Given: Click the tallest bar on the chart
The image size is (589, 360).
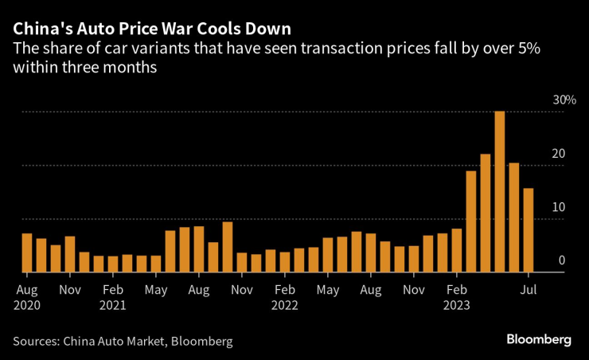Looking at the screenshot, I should (x=500, y=192).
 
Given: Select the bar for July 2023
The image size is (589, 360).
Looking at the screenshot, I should (x=529, y=230).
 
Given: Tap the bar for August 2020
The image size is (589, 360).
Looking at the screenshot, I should (x=27, y=252).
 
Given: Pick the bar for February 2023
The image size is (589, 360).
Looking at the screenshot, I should (x=457, y=250).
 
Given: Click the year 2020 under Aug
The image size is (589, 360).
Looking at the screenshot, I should (x=28, y=304).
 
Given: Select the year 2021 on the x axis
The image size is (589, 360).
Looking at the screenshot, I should (x=114, y=304).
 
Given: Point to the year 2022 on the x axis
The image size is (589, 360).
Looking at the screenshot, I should (x=285, y=304).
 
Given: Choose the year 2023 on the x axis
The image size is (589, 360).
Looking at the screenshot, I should (x=458, y=304).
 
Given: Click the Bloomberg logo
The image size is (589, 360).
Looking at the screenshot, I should (x=539, y=340).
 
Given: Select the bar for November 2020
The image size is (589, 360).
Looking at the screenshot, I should (x=70, y=254).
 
